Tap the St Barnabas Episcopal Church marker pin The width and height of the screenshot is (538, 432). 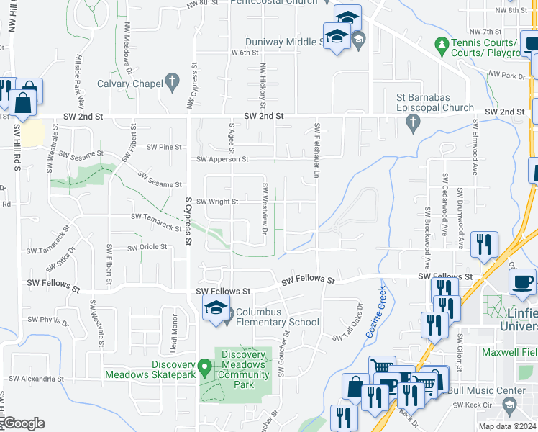point(413,125)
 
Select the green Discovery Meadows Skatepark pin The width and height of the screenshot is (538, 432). point(205,368)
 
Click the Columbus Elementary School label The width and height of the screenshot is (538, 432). point(277,317)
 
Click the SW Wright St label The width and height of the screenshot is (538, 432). point(217,202)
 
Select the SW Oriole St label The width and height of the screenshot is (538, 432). point(147,247)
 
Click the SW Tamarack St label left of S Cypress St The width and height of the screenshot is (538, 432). point(156,222)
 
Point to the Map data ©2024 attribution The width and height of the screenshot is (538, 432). point(508,427)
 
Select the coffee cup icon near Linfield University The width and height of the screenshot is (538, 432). point(522,282)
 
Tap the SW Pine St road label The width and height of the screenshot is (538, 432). point(164,147)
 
